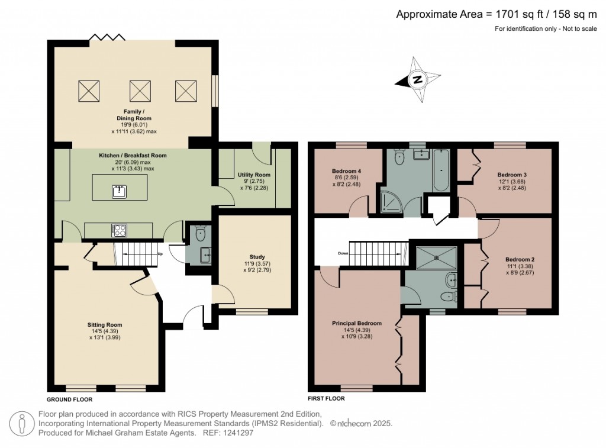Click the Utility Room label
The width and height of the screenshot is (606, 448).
(254, 175)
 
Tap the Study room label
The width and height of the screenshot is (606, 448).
(257, 257)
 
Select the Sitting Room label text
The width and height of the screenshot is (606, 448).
(104, 325)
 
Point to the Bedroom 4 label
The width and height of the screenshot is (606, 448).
(346, 171)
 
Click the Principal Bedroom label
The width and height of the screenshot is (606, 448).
(357, 323)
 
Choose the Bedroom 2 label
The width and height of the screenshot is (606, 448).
(520, 259)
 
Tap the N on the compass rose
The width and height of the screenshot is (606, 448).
(417, 80)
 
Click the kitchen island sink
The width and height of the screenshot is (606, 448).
(120, 191)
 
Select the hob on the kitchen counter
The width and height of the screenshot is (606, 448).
(119, 230)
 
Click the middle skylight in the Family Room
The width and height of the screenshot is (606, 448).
(140, 91)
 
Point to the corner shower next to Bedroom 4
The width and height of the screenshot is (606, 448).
(392, 201)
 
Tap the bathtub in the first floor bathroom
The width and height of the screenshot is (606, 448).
(440, 170)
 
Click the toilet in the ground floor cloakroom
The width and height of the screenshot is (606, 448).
(200, 233)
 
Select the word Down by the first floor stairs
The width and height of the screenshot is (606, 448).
(343, 253)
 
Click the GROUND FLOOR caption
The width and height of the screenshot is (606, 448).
(70, 399)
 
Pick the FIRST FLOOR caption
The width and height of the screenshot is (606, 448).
(326, 398)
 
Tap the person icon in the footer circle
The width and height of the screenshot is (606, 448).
(22, 424)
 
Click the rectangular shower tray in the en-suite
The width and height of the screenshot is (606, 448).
(436, 258)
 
